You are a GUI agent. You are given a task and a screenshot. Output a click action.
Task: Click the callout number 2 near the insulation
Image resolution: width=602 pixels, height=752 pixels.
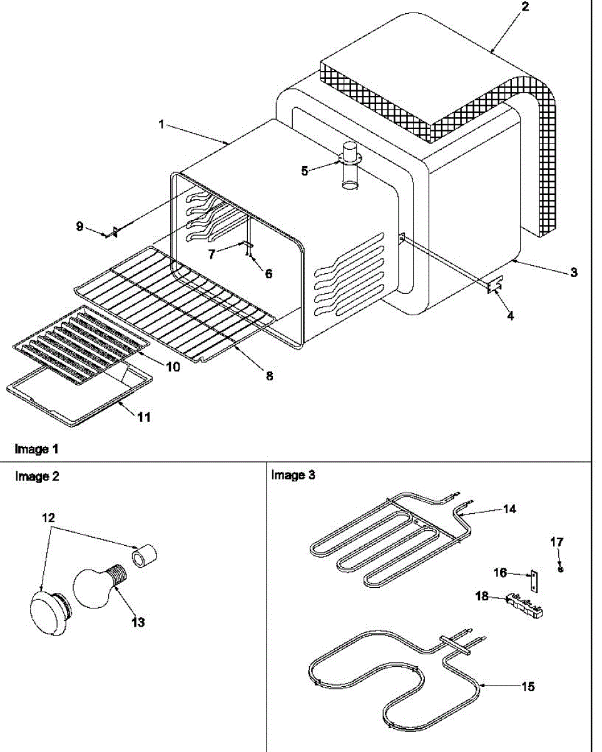click(x=524, y=7)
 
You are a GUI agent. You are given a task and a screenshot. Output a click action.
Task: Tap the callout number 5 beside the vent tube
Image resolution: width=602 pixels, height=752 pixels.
click(x=305, y=170)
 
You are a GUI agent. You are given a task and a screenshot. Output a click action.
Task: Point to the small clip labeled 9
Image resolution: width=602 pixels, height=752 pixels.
click(x=112, y=232)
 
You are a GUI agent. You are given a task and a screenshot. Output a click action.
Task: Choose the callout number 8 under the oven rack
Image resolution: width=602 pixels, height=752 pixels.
click(x=269, y=376)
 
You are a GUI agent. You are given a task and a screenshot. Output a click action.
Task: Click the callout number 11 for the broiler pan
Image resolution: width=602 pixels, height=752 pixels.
click(x=144, y=417)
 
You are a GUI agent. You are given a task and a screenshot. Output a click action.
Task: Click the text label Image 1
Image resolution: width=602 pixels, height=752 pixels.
click(x=37, y=449)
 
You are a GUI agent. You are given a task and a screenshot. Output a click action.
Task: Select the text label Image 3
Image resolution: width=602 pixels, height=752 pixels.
click(x=293, y=475)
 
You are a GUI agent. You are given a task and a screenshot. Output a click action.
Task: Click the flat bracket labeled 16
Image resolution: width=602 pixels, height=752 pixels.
click(x=534, y=580)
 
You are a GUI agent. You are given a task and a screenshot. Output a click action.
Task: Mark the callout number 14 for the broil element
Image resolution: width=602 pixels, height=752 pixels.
click(x=509, y=509)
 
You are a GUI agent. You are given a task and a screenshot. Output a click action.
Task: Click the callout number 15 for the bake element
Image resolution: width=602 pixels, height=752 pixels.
click(x=528, y=687)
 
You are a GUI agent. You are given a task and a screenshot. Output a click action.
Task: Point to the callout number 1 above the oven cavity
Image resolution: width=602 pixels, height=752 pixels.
click(x=161, y=125)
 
